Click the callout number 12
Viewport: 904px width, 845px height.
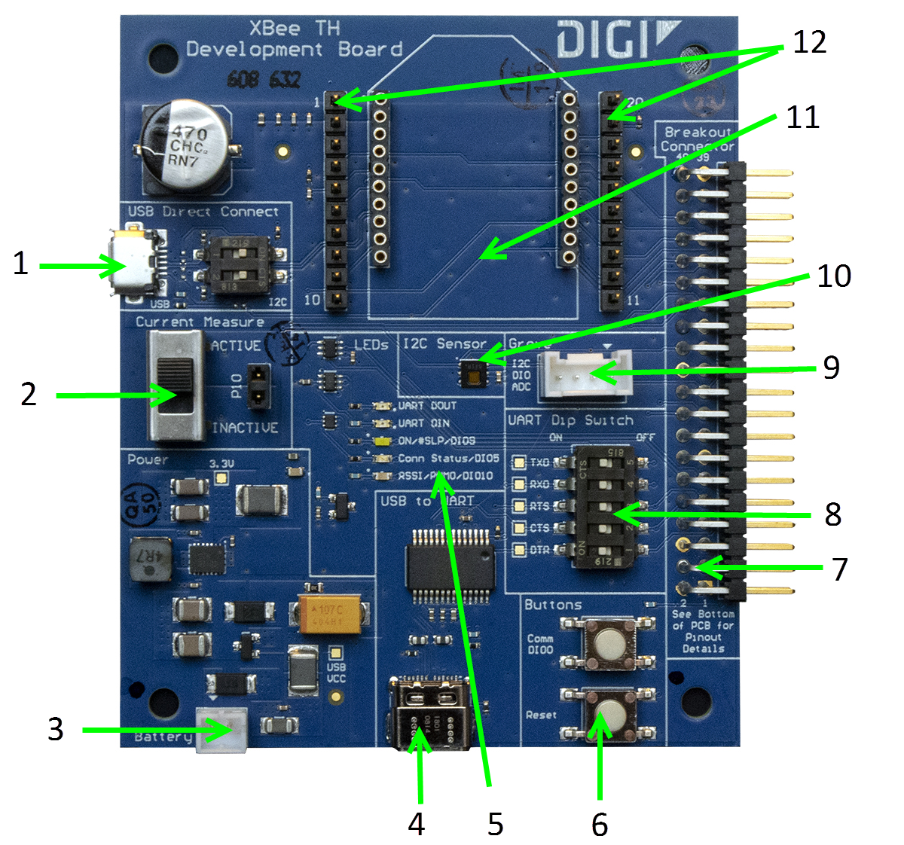[809, 42]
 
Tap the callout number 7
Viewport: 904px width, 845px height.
[840, 569]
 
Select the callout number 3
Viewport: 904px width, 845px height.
[55, 729]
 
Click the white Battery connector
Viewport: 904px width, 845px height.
[221, 729]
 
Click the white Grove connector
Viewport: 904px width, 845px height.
[585, 372]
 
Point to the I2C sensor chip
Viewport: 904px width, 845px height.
[472, 372]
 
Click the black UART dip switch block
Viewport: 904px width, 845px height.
[603, 506]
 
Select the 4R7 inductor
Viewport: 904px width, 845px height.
[150, 561]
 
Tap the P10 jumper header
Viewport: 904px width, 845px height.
[258, 385]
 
